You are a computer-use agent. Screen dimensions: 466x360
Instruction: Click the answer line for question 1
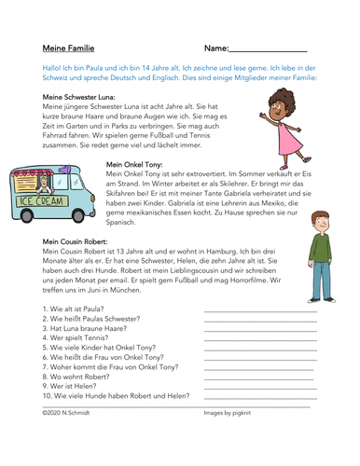coord(260,312)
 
